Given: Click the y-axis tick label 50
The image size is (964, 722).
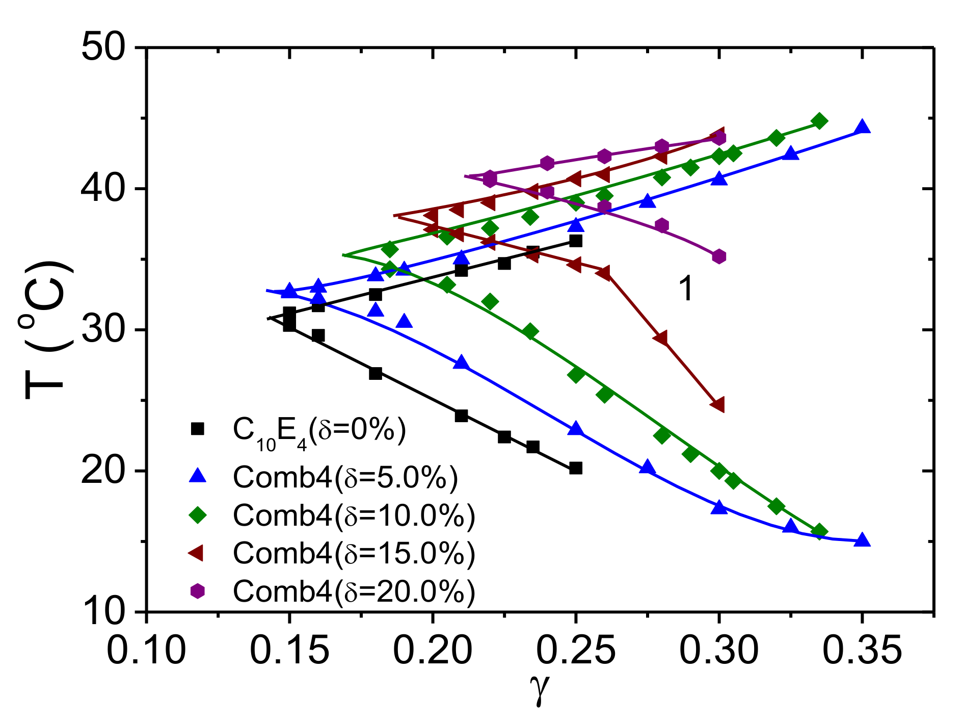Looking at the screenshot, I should click(x=102, y=48).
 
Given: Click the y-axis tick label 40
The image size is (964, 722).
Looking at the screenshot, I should click(x=102, y=189).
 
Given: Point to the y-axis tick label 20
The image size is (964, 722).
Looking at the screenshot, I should click(x=102, y=471).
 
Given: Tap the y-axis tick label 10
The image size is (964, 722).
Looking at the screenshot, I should click(x=102, y=611).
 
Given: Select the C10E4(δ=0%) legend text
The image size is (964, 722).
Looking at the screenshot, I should click(x=319, y=431).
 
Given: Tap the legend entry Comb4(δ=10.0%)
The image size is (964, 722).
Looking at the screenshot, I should click(x=354, y=515).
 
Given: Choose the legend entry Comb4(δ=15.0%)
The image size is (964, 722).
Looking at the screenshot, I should click(x=354, y=553).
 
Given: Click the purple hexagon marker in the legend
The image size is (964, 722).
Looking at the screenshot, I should click(x=197, y=591).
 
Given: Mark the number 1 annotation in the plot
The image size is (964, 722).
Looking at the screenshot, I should click(x=686, y=289).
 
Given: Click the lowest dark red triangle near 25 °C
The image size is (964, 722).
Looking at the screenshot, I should click(x=718, y=405).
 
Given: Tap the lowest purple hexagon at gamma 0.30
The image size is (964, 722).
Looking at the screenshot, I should click(x=719, y=256).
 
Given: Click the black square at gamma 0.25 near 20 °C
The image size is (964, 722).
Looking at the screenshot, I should click(x=576, y=468).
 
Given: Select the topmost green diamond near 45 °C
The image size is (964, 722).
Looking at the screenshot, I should click(x=819, y=121).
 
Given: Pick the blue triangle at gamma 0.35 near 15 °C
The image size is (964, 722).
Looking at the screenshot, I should click(x=862, y=540).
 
